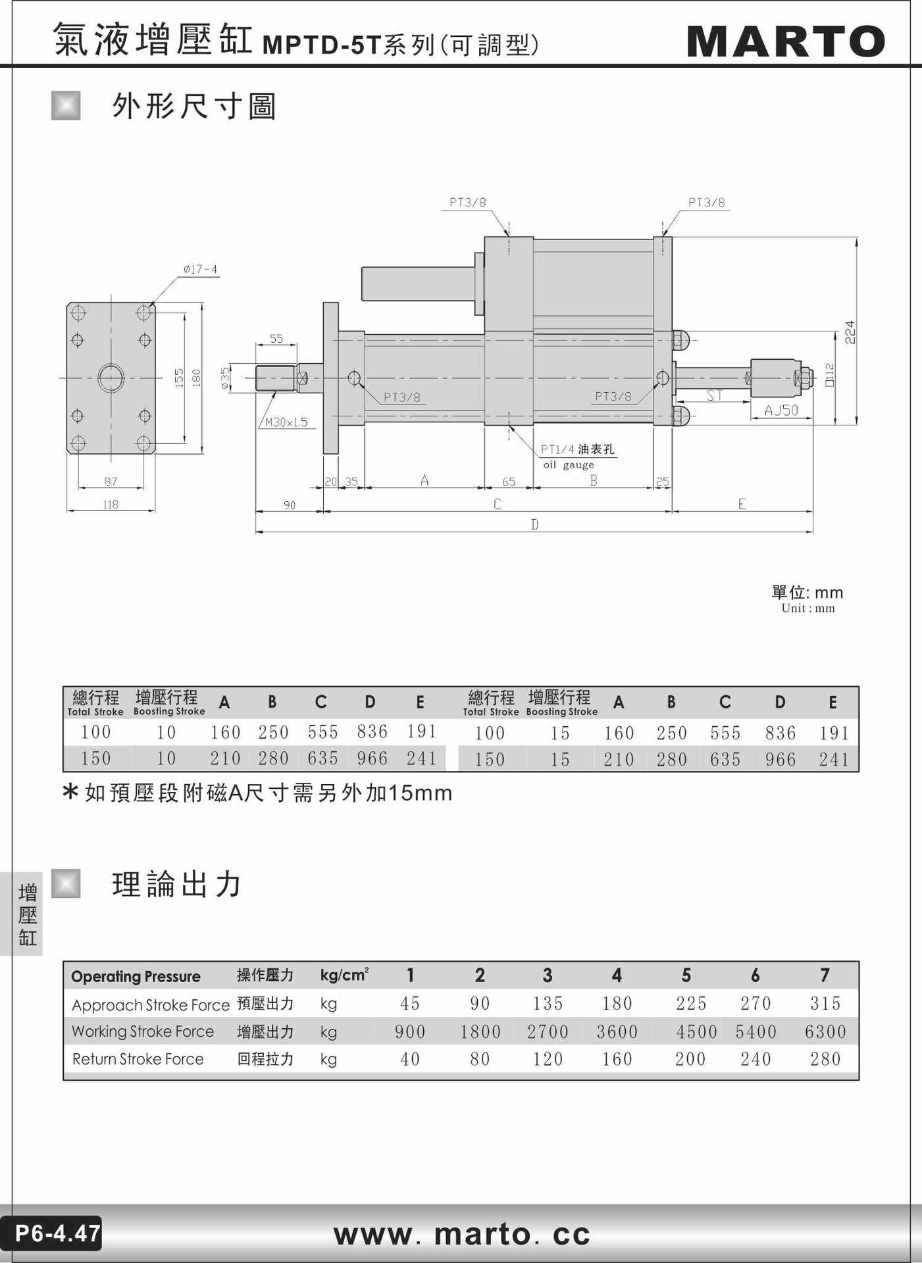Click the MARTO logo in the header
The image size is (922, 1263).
click(x=786, y=41)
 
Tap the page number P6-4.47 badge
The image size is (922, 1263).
click(x=57, y=1233)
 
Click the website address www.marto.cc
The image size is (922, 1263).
click(x=461, y=1233)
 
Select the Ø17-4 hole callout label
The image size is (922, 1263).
click(x=200, y=269)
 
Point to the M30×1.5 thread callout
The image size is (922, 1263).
click(x=286, y=422)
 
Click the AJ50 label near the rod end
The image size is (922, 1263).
click(x=781, y=410)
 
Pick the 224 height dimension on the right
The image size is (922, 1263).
click(x=850, y=332)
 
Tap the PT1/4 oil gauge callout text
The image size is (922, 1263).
click(x=577, y=456)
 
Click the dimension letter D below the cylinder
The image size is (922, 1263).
click(x=534, y=524)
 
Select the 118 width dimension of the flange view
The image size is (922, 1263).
click(x=111, y=505)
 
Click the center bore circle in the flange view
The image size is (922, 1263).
click(x=111, y=378)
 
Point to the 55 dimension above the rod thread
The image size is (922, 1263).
click(x=276, y=339)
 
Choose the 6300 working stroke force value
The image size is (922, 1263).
click(x=825, y=1031)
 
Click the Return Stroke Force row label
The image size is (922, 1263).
click(x=138, y=1059)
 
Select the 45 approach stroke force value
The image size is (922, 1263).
click(x=410, y=1003)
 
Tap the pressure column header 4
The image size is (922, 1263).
click(x=617, y=975)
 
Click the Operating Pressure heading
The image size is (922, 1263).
click(x=136, y=976)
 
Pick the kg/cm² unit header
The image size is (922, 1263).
click(x=344, y=975)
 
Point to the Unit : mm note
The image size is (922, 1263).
click(x=808, y=608)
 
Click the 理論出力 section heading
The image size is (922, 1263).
click(x=177, y=884)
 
